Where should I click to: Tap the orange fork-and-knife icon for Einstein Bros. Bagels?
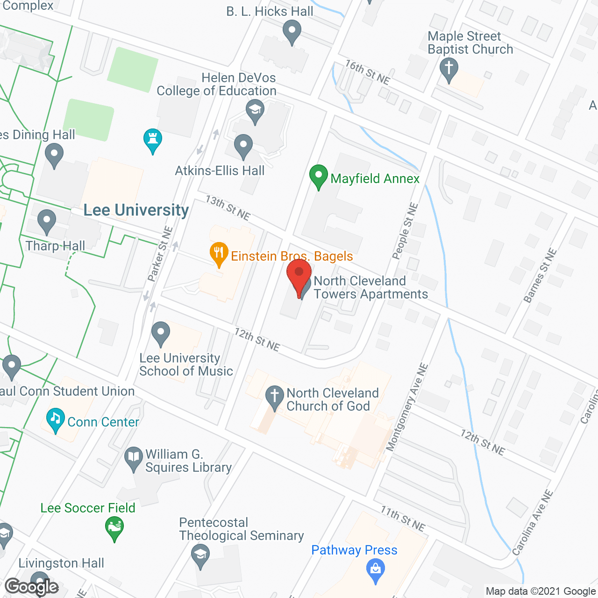(x=219, y=253)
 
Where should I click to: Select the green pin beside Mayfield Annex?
(x=319, y=177)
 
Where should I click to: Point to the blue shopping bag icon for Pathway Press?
(x=376, y=570)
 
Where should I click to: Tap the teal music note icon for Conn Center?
(x=56, y=419)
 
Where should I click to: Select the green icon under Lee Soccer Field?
(x=114, y=528)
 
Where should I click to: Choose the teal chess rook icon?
(x=153, y=140)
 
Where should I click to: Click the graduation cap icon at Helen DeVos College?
(x=255, y=112)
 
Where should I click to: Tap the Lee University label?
(x=136, y=210)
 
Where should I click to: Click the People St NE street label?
(x=405, y=231)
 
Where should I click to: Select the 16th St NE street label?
(x=368, y=71)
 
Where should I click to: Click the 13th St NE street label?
(x=228, y=207)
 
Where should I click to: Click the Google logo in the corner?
(x=32, y=587)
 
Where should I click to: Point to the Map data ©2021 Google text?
(x=541, y=591)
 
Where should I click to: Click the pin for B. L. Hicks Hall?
(x=292, y=33)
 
